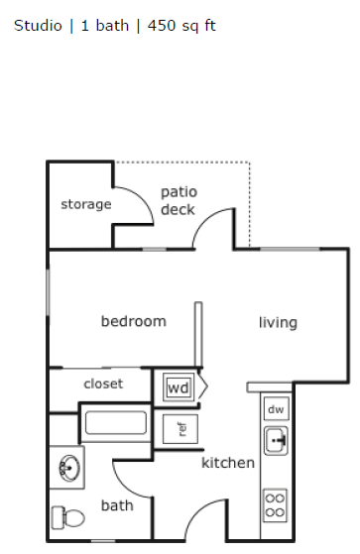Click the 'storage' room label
85,205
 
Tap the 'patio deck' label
179,200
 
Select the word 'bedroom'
133,321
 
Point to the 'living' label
278,322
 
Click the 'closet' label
103,384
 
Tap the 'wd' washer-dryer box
179,388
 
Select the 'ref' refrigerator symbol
180,429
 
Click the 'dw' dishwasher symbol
277,408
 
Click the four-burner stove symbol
276,504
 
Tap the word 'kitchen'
228,463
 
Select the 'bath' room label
117,505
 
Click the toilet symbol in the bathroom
65,517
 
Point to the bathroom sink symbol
68,467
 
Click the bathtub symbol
114,424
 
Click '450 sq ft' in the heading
181,25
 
